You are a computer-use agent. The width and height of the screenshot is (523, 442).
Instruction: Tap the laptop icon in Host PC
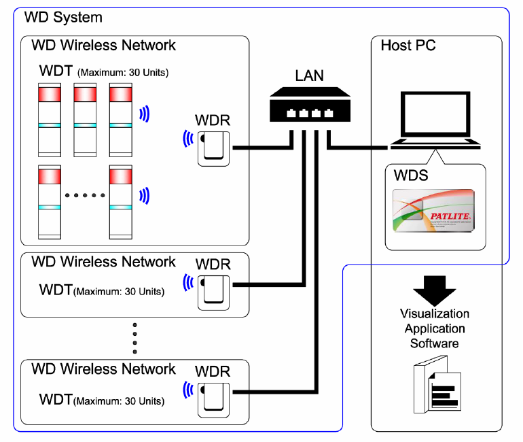435,122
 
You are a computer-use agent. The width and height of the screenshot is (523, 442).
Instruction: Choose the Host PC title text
408,46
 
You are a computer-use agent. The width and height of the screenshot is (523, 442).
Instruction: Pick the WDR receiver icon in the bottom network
214,398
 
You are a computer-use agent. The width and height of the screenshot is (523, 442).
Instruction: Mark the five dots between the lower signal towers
85,195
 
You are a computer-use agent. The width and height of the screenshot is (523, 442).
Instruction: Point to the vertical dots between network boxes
135,334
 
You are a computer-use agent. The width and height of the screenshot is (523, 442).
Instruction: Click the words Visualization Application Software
435,328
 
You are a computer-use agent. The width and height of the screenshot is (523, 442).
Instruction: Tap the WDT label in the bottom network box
56,398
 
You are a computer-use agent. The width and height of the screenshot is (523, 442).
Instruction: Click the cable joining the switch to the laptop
360,146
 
